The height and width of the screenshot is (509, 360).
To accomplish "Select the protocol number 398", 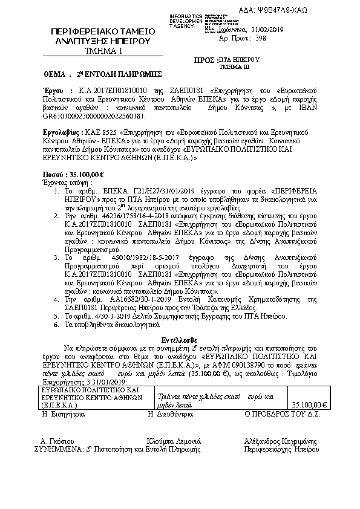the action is coord(261,37).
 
